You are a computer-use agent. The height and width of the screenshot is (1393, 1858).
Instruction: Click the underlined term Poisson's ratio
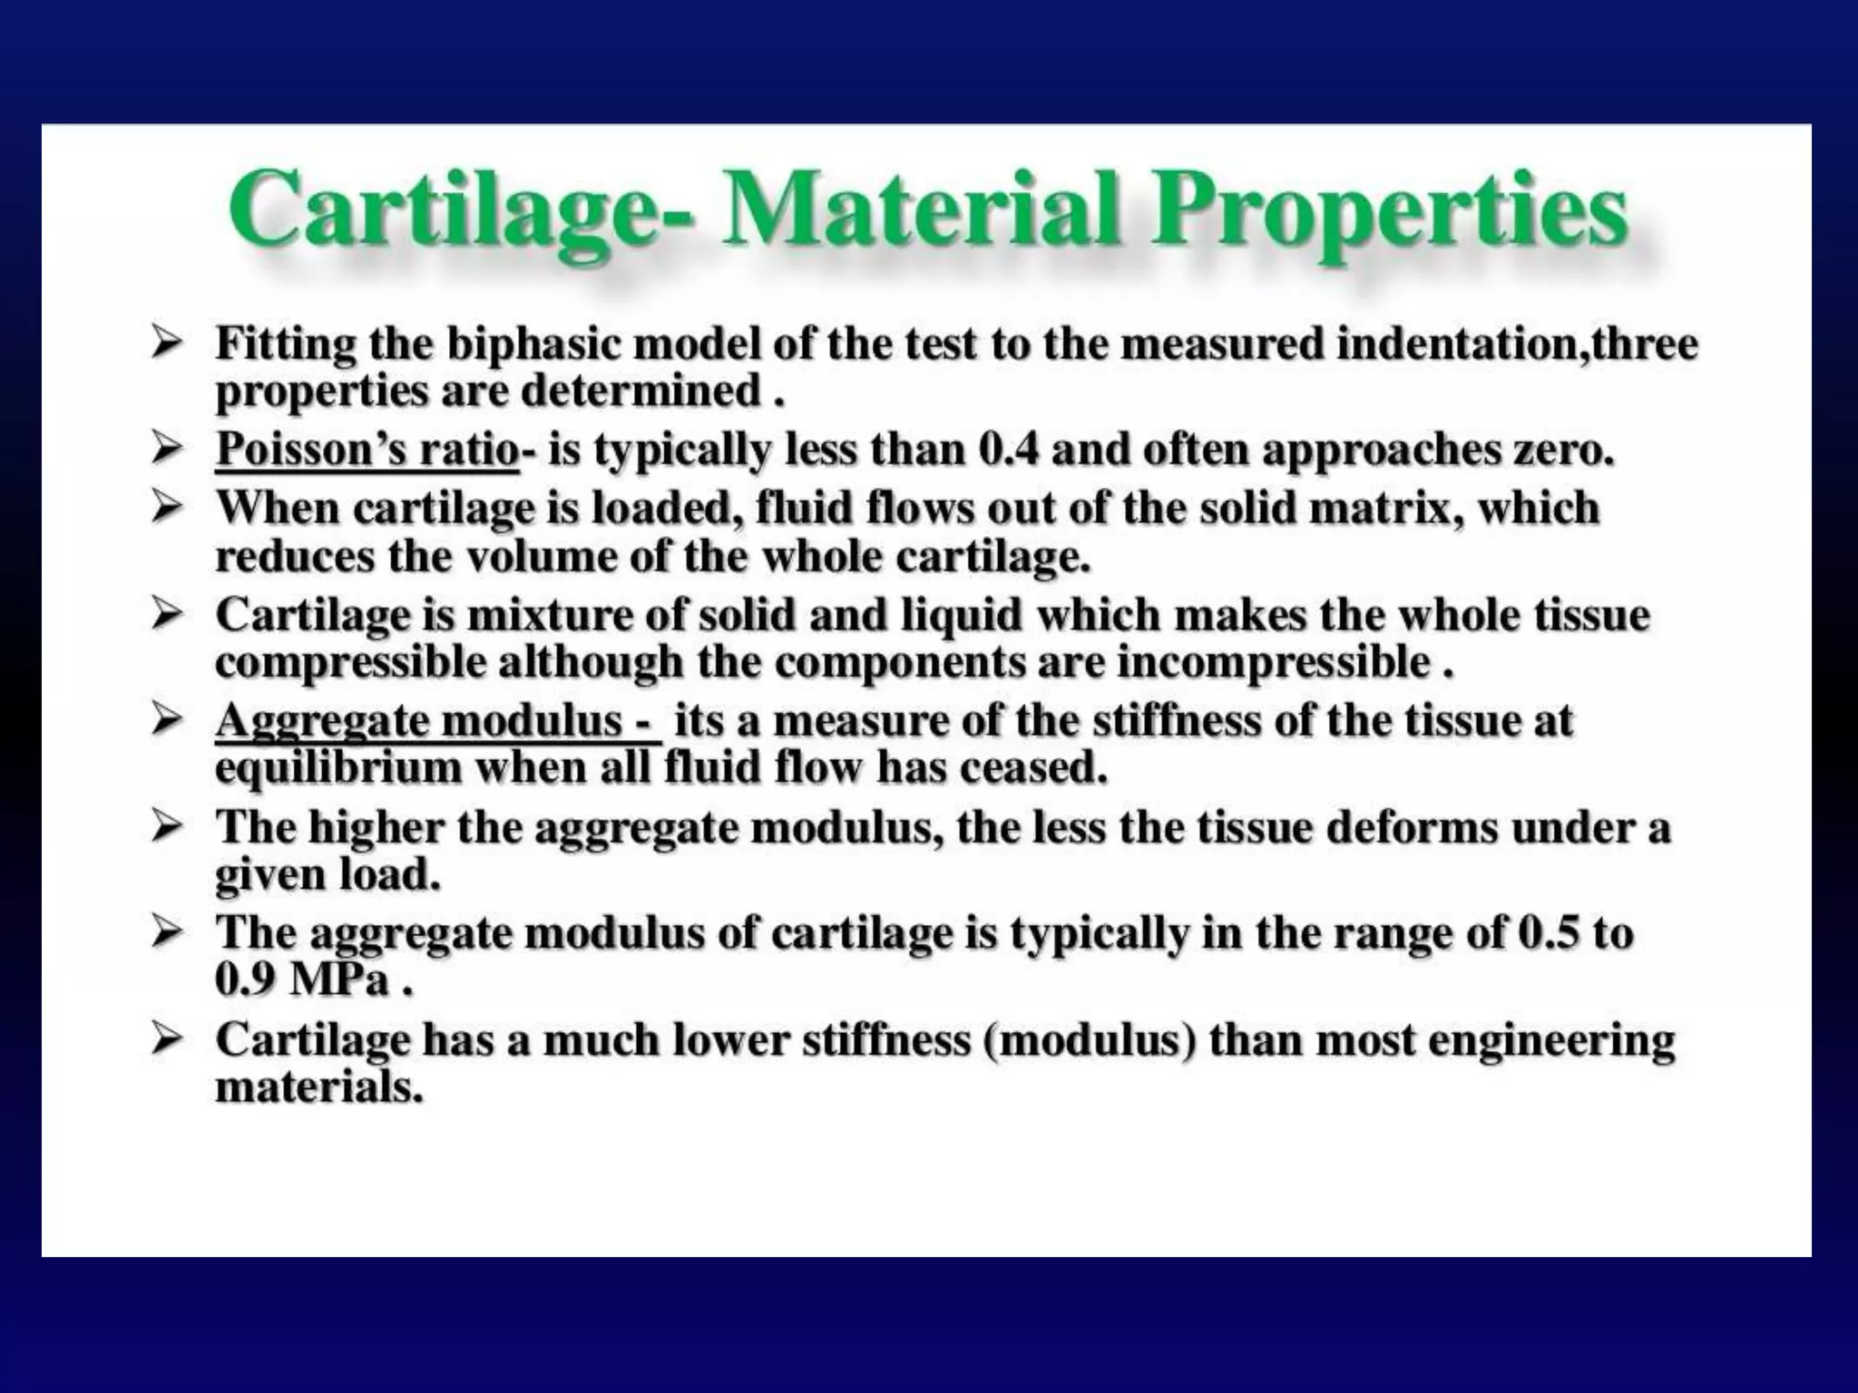tap(367, 450)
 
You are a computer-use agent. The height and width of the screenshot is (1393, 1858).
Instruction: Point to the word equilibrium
tap(339, 769)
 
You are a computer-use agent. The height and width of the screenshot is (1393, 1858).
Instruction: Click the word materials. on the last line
tap(318, 1087)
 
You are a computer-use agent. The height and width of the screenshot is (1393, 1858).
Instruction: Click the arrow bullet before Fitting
tap(168, 346)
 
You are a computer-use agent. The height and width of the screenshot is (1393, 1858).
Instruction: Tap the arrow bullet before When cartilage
tap(168, 509)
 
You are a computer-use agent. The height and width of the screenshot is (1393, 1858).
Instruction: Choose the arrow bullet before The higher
tap(168, 827)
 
